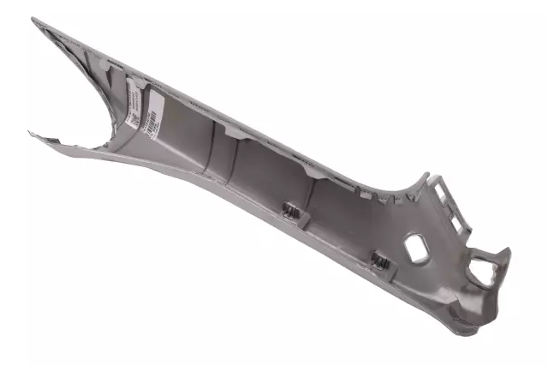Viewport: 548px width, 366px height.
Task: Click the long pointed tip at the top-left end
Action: click(35, 20)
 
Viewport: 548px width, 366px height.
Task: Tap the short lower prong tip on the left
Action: click(31, 133)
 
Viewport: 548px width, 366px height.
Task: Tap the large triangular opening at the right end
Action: click(483, 271)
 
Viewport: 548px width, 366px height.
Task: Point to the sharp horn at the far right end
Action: click(507, 251)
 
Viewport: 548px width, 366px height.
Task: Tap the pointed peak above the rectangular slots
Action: click(426, 176)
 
